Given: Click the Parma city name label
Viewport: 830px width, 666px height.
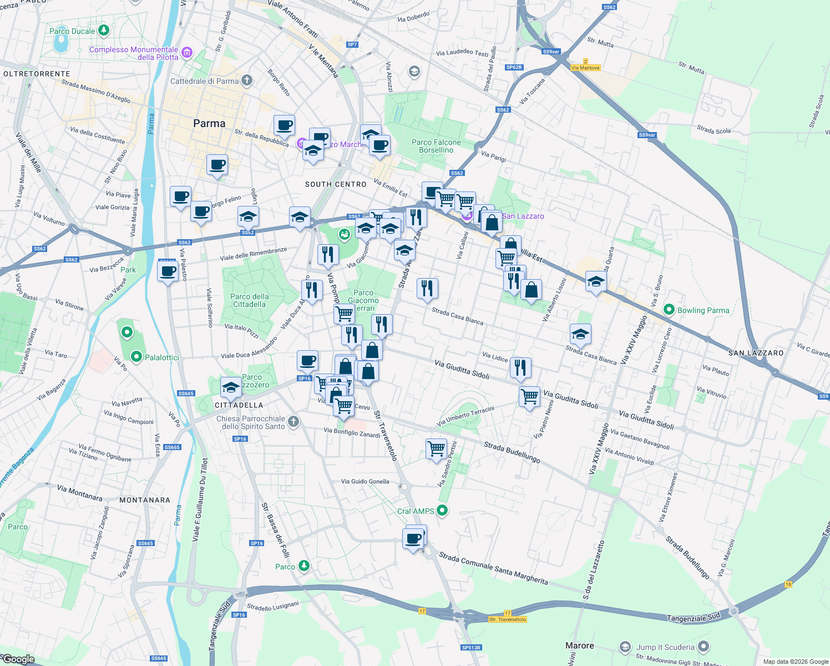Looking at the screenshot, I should [209, 123].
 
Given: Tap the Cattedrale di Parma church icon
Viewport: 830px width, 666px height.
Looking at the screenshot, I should [247, 80].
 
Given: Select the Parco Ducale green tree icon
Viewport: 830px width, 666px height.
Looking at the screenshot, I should [103, 31].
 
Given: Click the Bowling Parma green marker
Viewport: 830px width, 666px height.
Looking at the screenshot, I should [669, 310].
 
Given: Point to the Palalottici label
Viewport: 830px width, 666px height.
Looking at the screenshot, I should [161, 357].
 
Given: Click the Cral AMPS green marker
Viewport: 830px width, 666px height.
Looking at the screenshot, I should [442, 510].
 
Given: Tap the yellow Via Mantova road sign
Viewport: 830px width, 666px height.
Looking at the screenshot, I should [585, 67].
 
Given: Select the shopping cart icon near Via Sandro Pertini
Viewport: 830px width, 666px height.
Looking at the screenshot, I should [436, 448].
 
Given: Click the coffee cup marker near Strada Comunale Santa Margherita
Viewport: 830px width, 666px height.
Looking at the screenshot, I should [414, 538].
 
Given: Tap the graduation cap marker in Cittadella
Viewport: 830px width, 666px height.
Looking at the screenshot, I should [231, 387].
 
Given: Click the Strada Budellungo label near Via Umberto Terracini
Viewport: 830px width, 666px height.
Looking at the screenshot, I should [512, 452].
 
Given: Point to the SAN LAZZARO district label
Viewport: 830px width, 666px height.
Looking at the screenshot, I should [756, 353].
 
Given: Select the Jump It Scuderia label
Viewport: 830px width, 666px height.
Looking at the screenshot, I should [665, 647].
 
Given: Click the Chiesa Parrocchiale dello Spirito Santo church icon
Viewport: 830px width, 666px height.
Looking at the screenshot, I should [293, 422].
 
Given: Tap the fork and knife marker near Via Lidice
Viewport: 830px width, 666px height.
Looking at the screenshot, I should [520, 367].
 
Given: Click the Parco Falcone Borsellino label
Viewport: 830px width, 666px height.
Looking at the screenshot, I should [436, 146].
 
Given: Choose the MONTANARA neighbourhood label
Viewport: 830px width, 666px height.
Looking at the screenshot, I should [145, 500].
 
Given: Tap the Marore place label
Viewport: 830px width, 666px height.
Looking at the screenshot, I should [579, 645].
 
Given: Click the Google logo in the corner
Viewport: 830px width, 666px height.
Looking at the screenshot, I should [19, 659].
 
